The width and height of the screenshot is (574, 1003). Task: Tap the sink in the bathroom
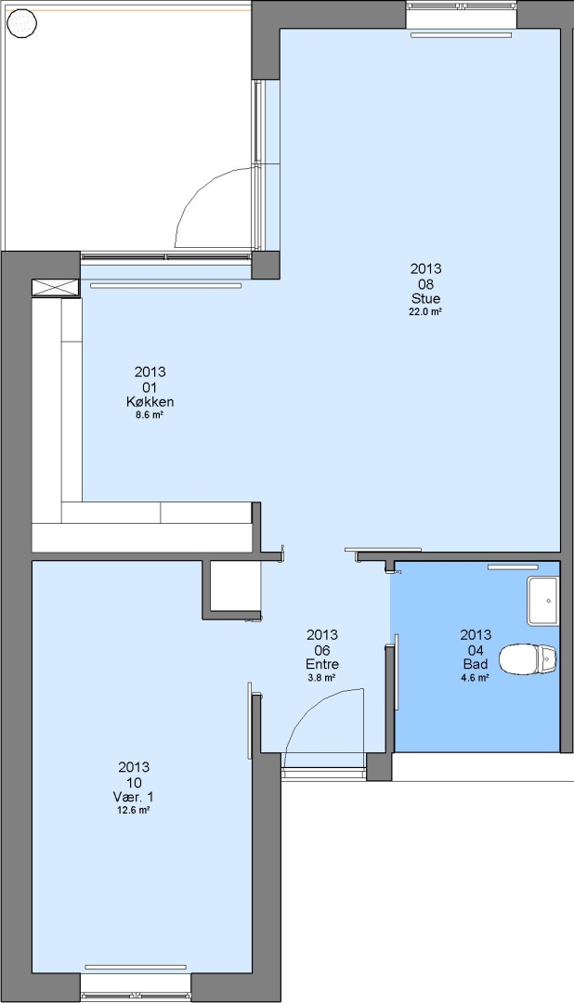[542, 601]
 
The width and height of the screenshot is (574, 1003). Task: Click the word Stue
[425, 299]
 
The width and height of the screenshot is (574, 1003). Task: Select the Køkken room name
[150, 402]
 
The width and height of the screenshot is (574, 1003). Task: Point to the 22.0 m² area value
[425, 312]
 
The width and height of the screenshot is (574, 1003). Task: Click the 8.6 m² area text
[150, 415]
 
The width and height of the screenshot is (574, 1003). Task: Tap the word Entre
[322, 664]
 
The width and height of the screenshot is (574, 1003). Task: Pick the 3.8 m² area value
[322, 678]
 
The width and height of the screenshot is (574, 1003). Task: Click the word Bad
[476, 664]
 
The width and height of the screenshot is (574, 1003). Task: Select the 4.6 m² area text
[476, 678]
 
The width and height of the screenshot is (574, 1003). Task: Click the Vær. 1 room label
[133, 797]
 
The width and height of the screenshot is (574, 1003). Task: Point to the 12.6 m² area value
[133, 811]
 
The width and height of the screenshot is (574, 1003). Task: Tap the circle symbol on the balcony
[21, 24]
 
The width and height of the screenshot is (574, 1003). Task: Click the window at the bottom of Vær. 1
[136, 988]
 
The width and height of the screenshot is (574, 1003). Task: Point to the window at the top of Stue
[461, 15]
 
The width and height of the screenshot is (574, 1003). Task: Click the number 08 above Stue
[425, 284]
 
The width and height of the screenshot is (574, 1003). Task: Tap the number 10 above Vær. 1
[133, 782]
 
